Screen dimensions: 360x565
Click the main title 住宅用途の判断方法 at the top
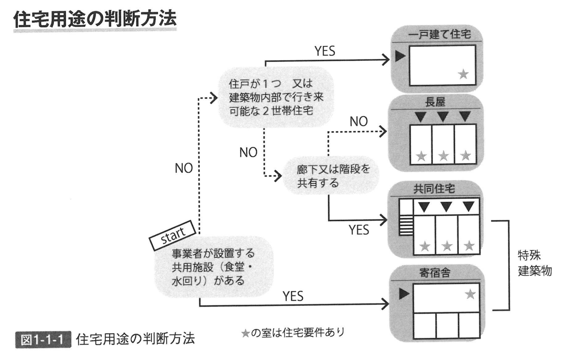[94, 20]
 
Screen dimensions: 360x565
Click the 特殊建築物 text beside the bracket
[534, 263]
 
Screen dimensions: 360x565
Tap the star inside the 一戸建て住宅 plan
[464, 75]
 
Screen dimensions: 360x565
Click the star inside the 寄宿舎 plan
[470, 293]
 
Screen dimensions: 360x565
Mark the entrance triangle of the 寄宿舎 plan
[404, 293]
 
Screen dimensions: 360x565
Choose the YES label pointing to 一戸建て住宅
[325, 51]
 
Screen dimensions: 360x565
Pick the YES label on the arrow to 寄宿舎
[293, 296]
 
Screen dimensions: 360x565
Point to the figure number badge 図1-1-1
[43, 339]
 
